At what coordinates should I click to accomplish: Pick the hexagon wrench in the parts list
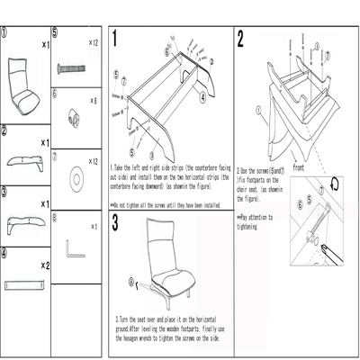pyautogui.click(x=74, y=247)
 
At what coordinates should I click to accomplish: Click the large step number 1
pyautogui.click(x=118, y=39)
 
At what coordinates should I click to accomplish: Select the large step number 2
pyautogui.click(x=240, y=39)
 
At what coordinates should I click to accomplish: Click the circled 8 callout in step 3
pyautogui.click(x=132, y=282)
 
